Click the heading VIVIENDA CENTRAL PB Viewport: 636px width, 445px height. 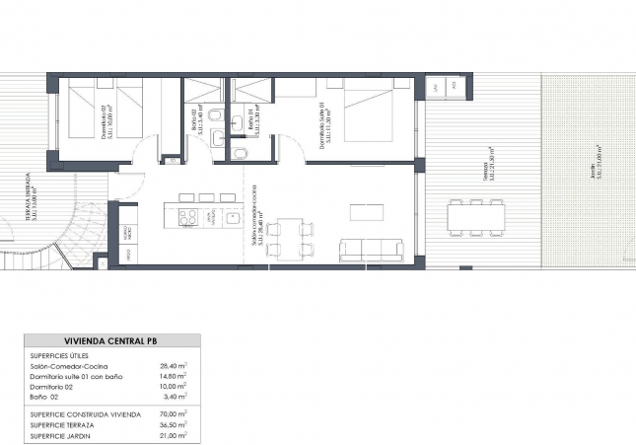click(109, 340)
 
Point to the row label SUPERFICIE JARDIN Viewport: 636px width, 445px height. click(61, 436)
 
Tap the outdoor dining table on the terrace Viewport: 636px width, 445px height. click(477, 215)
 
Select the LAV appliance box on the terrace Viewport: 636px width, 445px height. click(438, 87)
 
